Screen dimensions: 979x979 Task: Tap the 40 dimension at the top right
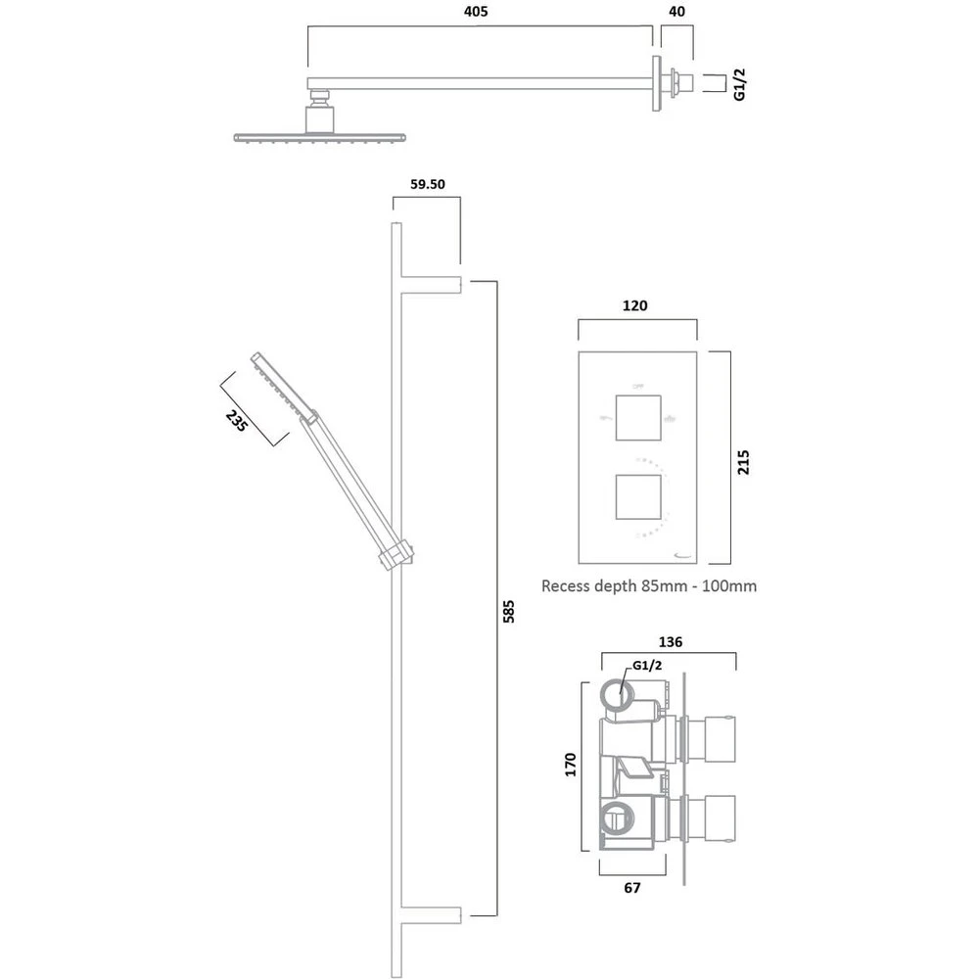tap(676, 13)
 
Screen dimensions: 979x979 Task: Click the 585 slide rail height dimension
tap(506, 611)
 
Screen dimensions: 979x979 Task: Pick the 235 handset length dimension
tap(237, 421)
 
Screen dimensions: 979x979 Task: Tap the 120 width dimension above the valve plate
tap(635, 305)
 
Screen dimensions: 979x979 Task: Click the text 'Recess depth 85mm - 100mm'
tap(649, 586)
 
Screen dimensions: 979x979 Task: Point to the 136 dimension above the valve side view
tap(671, 642)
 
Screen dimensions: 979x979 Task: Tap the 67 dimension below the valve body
tap(632, 888)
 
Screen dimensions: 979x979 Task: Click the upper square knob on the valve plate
tap(637, 416)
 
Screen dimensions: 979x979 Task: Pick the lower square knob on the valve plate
tap(637, 496)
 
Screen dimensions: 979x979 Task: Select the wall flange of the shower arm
tap(654, 82)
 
